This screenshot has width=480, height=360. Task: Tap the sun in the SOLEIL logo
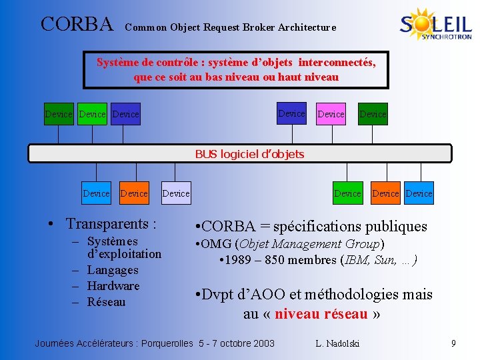point(422,23)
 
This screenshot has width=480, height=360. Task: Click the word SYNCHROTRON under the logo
point(447,37)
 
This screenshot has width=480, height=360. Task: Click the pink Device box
point(331,114)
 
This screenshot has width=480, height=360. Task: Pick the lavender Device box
point(176,193)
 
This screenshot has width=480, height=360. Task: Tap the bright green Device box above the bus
point(92,114)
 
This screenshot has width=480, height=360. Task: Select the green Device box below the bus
point(347,193)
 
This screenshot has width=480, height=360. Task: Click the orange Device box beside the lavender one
point(134,193)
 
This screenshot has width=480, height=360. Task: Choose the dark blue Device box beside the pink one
point(291,113)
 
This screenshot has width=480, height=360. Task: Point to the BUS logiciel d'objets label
point(249,154)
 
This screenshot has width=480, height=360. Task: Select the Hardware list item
point(113,286)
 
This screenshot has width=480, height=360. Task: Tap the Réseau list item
point(106,302)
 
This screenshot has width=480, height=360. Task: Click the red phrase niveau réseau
point(321,313)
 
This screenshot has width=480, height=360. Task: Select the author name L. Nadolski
point(337,343)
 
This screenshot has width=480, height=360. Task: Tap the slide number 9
point(453,343)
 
